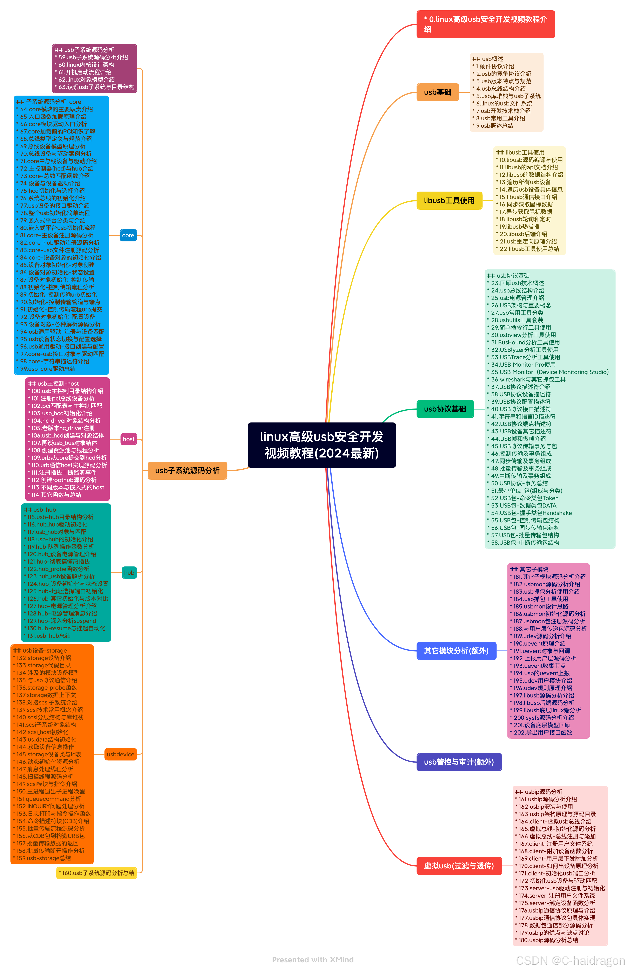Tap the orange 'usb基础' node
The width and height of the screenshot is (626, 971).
437,92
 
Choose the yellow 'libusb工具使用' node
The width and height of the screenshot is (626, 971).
449,201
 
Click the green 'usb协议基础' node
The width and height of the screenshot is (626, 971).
445,409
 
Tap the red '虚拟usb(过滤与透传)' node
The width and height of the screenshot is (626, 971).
459,866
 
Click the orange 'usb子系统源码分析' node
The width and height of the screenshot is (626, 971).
187,471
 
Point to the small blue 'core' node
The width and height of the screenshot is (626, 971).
128,236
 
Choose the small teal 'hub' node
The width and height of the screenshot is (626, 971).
129,573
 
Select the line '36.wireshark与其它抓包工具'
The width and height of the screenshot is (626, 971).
528,379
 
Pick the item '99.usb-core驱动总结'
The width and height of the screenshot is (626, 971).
48,369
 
